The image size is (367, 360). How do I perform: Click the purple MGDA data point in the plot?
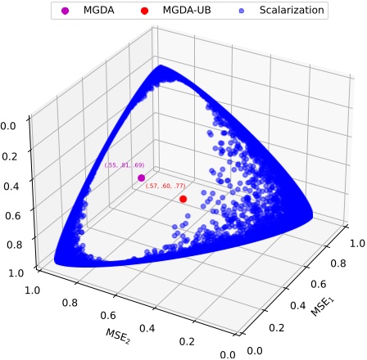point(141,178)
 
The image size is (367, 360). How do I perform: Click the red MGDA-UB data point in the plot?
point(183,199)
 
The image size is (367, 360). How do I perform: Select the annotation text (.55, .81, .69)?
point(125,166)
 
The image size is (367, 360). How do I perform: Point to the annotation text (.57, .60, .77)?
point(165,187)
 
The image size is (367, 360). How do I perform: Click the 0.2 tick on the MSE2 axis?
point(187,342)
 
